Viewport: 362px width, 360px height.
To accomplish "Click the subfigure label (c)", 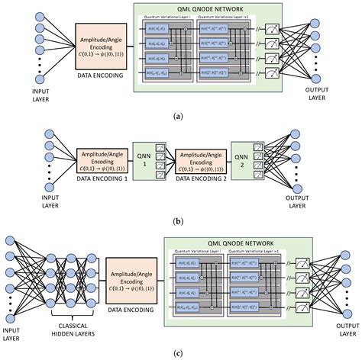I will [x=181, y=352].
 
